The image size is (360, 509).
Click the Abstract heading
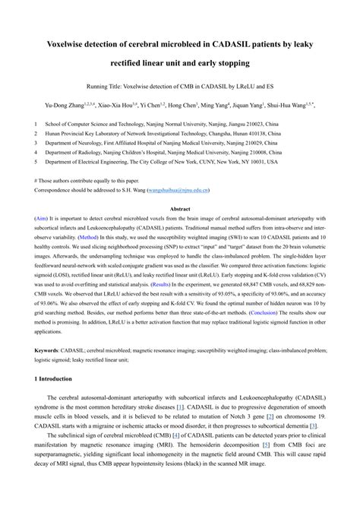pyautogui.click(x=180, y=208)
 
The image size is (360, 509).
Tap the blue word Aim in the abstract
pyautogui.click(x=42, y=218)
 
